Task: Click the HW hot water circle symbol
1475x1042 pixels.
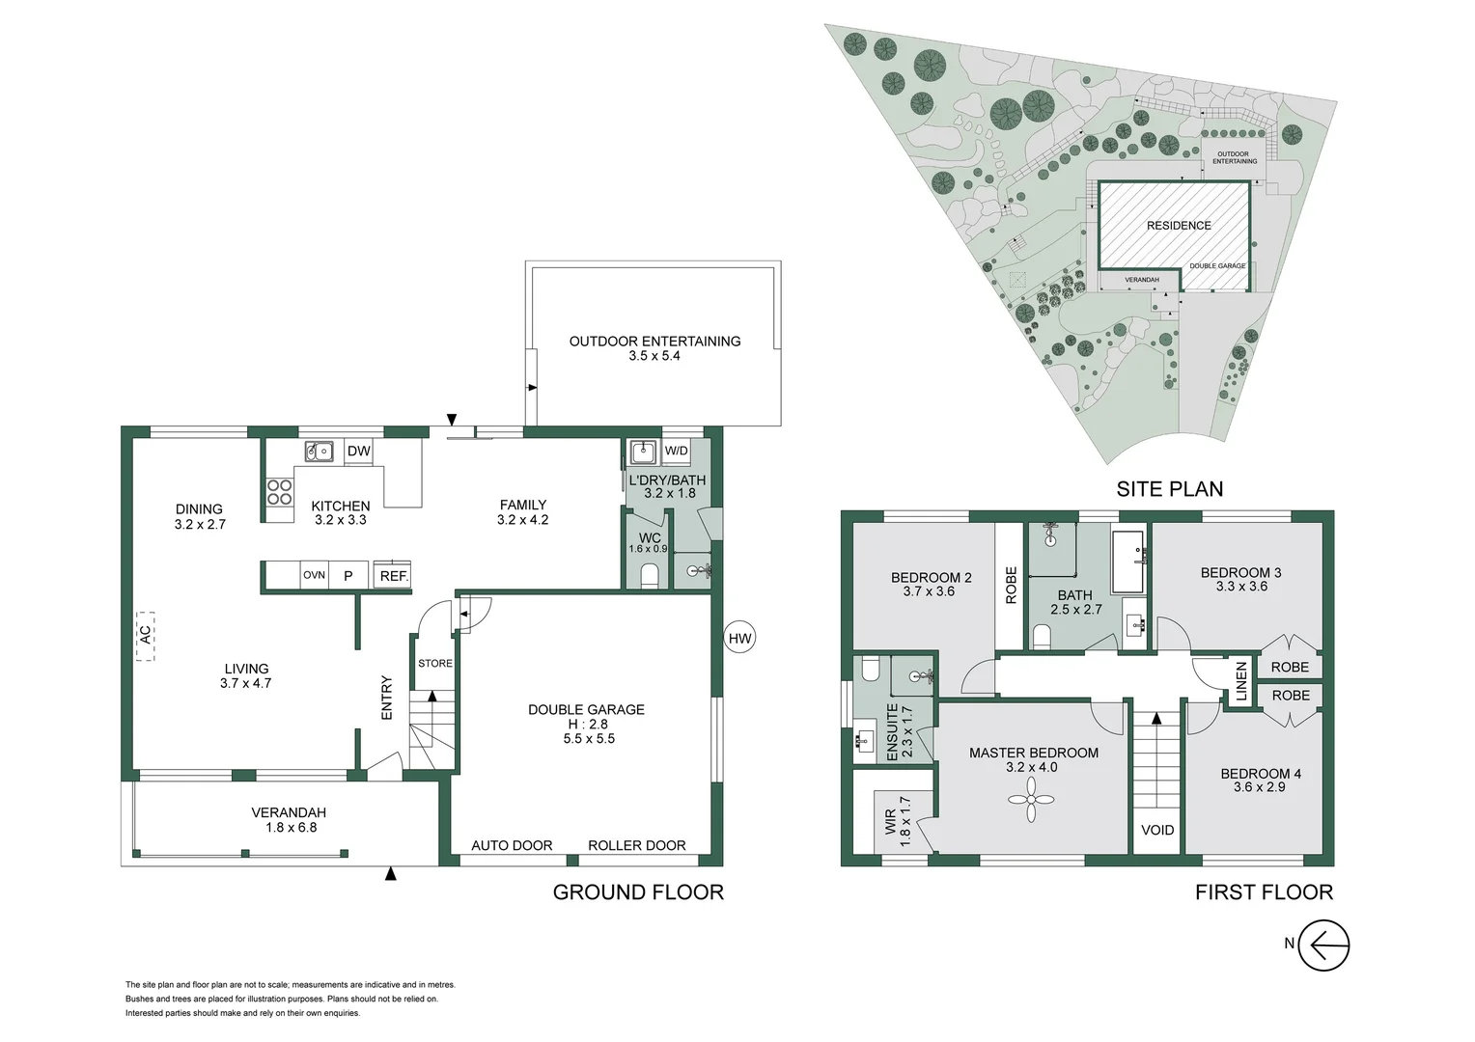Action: pyautogui.click(x=739, y=638)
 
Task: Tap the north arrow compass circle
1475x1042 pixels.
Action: pyautogui.click(x=1323, y=945)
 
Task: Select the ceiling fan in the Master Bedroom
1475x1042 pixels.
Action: pyautogui.click(x=1031, y=801)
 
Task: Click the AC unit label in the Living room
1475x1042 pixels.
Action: pyautogui.click(x=145, y=636)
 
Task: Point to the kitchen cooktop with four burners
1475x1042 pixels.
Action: pyautogui.click(x=280, y=492)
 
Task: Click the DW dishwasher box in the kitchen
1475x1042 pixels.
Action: pyautogui.click(x=358, y=451)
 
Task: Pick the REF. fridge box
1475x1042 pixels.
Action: pyautogui.click(x=393, y=575)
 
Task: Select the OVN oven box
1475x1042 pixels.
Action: pyautogui.click(x=314, y=575)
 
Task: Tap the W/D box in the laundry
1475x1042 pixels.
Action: pyautogui.click(x=676, y=451)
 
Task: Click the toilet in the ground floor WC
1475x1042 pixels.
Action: pyautogui.click(x=649, y=576)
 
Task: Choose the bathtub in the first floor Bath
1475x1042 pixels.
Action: pyautogui.click(x=1127, y=561)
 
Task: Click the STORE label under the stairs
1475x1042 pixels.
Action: pyautogui.click(x=434, y=663)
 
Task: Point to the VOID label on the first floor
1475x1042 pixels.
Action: pyautogui.click(x=1157, y=830)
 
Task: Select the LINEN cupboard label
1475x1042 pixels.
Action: pyautogui.click(x=1241, y=681)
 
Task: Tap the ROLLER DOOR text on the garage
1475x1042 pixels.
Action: pyautogui.click(x=637, y=845)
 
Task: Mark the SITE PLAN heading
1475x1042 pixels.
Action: pyautogui.click(x=1169, y=489)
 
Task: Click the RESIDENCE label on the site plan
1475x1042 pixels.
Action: pyautogui.click(x=1179, y=226)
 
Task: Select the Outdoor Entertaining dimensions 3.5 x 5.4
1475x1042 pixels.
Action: pyautogui.click(x=654, y=356)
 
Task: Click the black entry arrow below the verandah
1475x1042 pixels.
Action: pyautogui.click(x=391, y=874)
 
